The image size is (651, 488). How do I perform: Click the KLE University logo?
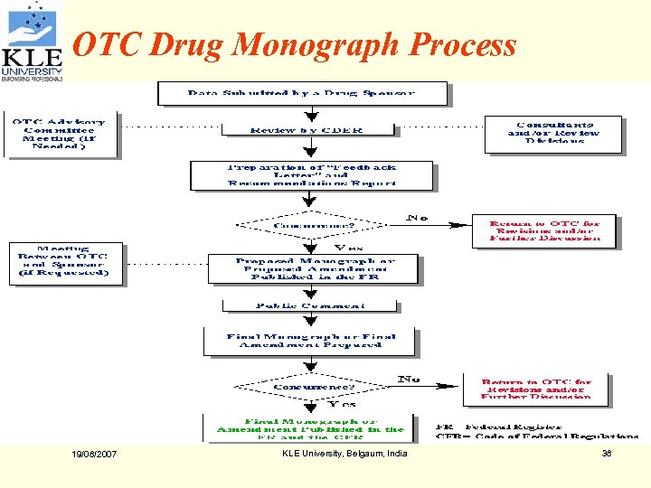pyautogui.click(x=33, y=42)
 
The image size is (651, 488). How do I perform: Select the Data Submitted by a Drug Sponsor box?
pyautogui.click(x=303, y=93)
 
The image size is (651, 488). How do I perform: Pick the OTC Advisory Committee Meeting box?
pyautogui.click(x=63, y=135)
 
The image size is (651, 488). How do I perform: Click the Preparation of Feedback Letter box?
pyautogui.click(x=311, y=175)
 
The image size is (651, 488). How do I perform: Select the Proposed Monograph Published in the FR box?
pyautogui.click(x=315, y=269)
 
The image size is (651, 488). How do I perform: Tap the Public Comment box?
pyautogui.click(x=309, y=305)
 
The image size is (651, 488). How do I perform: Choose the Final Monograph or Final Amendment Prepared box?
pyautogui.click(x=310, y=341)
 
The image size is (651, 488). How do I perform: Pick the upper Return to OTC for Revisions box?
pyautogui.click(x=543, y=230)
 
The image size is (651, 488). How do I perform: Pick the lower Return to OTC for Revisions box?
pyautogui.click(x=536, y=389)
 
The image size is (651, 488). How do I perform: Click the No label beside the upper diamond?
pyautogui.click(x=417, y=217)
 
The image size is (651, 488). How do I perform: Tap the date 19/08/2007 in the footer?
pyautogui.click(x=94, y=454)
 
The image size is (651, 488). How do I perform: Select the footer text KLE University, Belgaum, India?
pyautogui.click(x=344, y=454)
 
